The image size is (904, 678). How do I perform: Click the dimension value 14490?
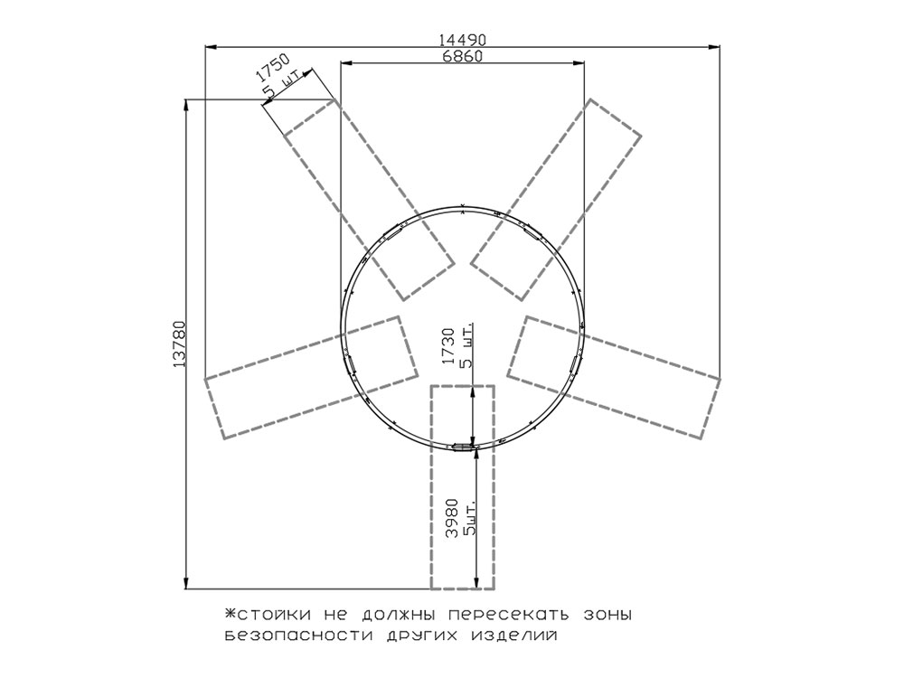pos(462,39)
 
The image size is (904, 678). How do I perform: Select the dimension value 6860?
pos(462,56)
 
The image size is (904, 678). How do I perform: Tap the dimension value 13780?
pos(179,344)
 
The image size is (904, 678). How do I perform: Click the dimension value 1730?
pos(449,346)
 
